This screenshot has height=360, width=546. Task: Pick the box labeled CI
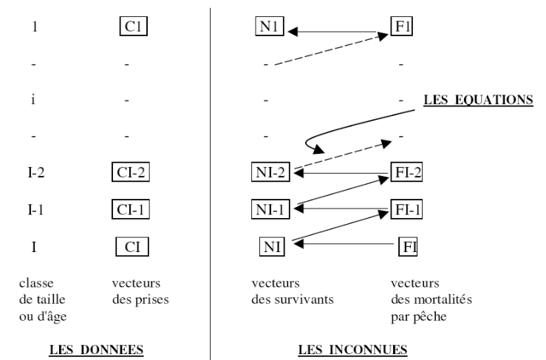pyautogui.click(x=132, y=245)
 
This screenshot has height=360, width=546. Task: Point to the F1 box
pyautogui.click(x=401, y=31)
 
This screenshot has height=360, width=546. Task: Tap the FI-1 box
pyautogui.click(x=406, y=210)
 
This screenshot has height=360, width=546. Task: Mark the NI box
pyautogui.click(x=271, y=245)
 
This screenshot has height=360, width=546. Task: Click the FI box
pyautogui.click(x=407, y=245)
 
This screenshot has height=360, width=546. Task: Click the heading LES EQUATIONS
pyautogui.click(x=478, y=100)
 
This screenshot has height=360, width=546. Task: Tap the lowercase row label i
pyautogui.click(x=33, y=100)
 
